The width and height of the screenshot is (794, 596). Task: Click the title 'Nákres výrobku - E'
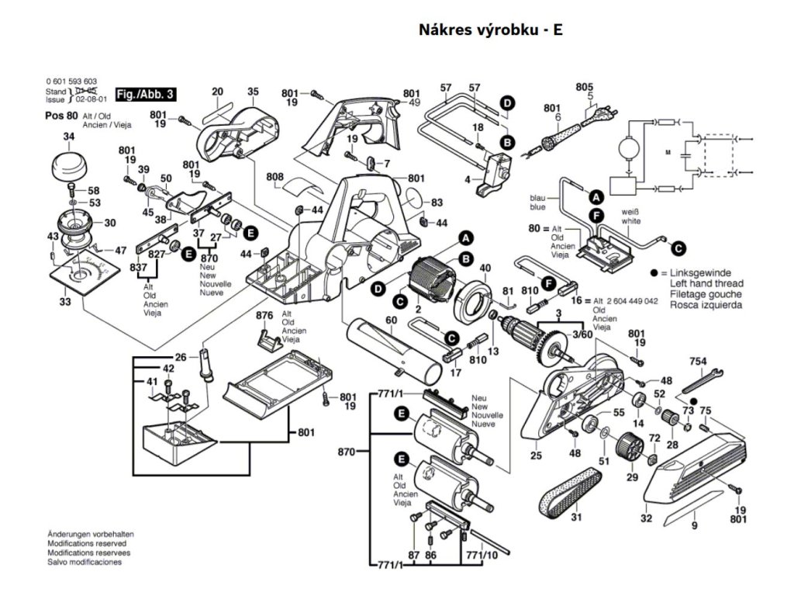pos(490,30)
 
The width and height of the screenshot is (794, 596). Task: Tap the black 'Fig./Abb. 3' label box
pos(145,94)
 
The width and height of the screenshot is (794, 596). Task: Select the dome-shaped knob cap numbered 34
pos(69,166)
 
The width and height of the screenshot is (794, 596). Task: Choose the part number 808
pos(274,178)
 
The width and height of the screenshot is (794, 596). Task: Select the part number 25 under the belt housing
pos(536,456)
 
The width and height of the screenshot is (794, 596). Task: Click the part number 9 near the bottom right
pos(694,527)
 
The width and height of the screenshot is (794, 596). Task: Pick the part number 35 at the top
pos(253,92)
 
